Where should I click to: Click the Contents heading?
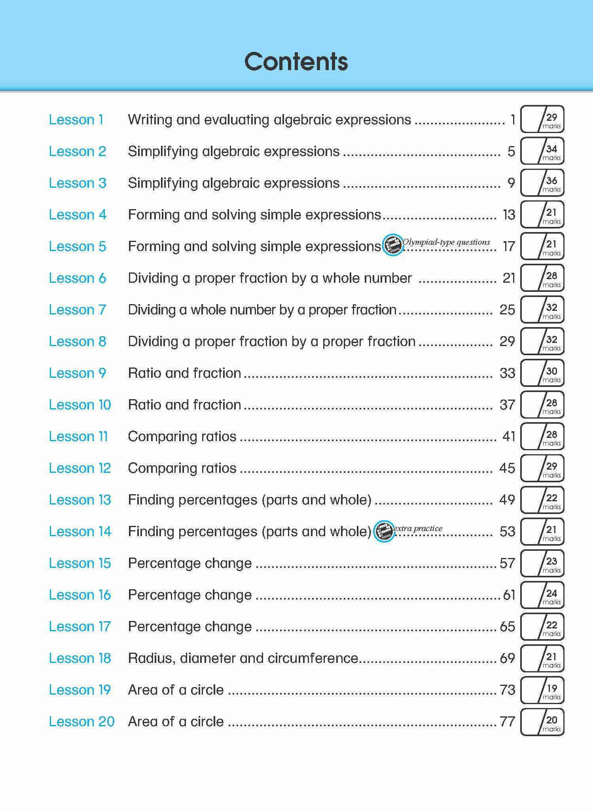[x=296, y=62]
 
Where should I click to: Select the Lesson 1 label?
[x=76, y=120]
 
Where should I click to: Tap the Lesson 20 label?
[x=81, y=722]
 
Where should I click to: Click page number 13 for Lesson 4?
[x=509, y=215]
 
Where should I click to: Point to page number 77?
[x=508, y=722]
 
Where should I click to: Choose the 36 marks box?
[x=542, y=183]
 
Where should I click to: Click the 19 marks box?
[x=542, y=690]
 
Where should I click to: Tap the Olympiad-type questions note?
[x=446, y=242]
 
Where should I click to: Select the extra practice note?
[x=418, y=528]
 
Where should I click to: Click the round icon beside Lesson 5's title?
[x=393, y=245]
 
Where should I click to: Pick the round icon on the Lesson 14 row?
[x=384, y=531]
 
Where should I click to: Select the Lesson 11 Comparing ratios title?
[x=182, y=436]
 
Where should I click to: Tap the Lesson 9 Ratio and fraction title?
[x=184, y=373]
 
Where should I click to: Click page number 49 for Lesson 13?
[x=507, y=500]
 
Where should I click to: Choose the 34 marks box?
[x=542, y=151]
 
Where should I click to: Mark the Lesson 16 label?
[x=80, y=595]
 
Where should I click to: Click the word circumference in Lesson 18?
[x=313, y=658]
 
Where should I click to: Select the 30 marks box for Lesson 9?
[x=542, y=373]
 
